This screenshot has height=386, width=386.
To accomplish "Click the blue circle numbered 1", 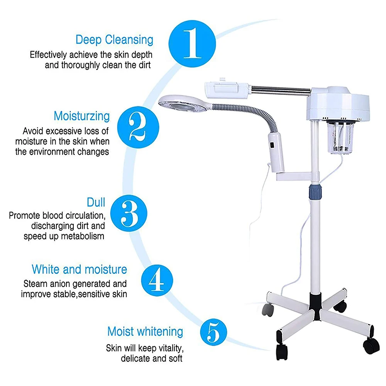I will point(192,41).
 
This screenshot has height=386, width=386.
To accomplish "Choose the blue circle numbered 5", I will point(213,332).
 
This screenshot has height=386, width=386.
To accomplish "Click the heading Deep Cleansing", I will point(114,39).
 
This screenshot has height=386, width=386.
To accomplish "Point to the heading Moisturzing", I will point(81,116).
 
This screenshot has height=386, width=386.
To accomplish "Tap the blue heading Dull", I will point(96,202).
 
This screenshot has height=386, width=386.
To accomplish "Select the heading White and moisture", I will point(79,269).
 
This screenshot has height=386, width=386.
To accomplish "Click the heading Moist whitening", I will point(145,332).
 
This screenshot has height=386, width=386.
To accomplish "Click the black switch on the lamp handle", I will point(271,147).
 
